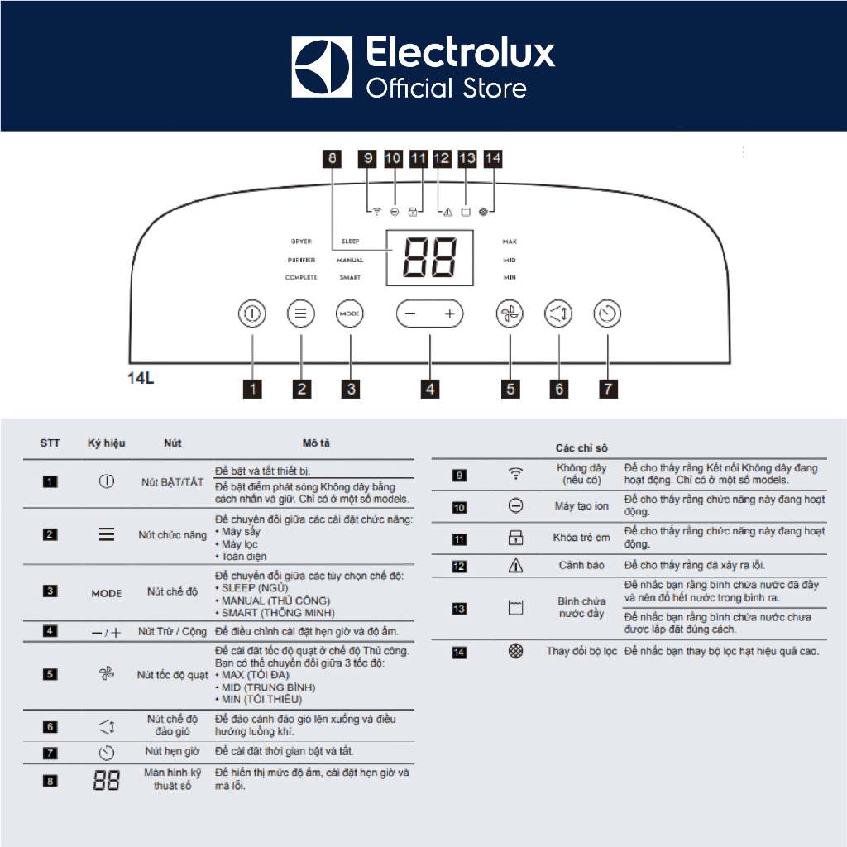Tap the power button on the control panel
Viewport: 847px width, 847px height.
(252, 314)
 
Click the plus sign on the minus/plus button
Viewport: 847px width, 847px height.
(449, 314)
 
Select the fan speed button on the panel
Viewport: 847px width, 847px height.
(510, 314)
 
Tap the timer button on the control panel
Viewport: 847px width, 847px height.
(607, 314)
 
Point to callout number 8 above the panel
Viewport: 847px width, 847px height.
(333, 158)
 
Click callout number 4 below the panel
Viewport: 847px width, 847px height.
(429, 387)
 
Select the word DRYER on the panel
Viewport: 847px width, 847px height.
(301, 242)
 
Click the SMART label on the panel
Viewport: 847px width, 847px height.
(350, 278)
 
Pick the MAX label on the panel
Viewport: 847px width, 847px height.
(510, 242)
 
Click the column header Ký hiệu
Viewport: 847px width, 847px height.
(106, 443)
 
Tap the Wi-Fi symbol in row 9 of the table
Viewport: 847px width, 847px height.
(515, 474)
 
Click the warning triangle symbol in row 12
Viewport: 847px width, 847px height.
(515, 566)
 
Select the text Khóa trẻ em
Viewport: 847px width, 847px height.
(581, 538)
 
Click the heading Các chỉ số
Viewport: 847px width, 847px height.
(581, 447)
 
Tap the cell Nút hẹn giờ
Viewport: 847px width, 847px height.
(172, 751)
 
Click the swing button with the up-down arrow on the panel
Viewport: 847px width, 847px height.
(558, 314)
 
